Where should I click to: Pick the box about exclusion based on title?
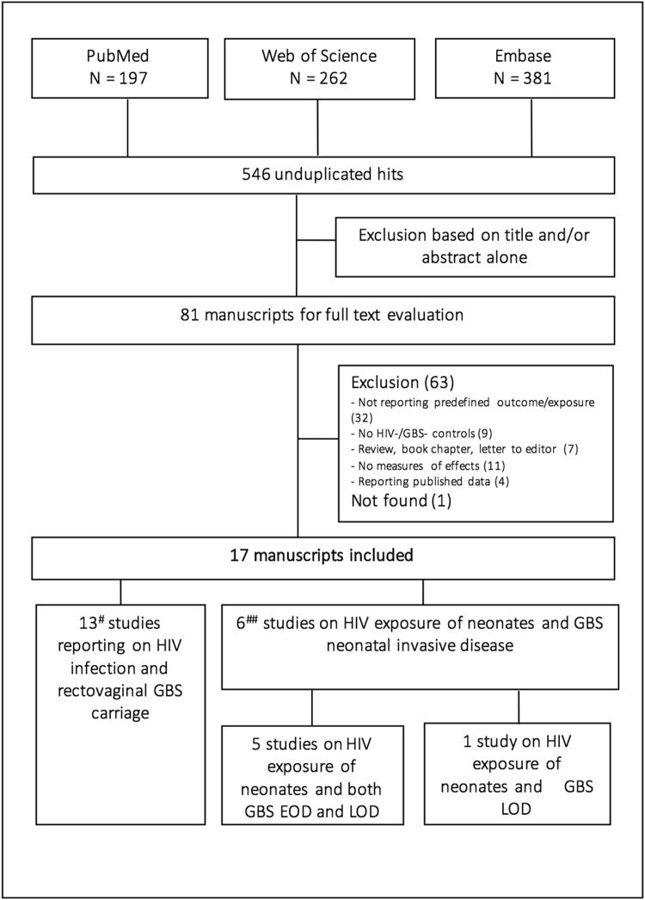(474, 245)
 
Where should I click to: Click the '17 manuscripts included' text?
(323, 556)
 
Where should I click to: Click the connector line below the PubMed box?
(128, 128)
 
